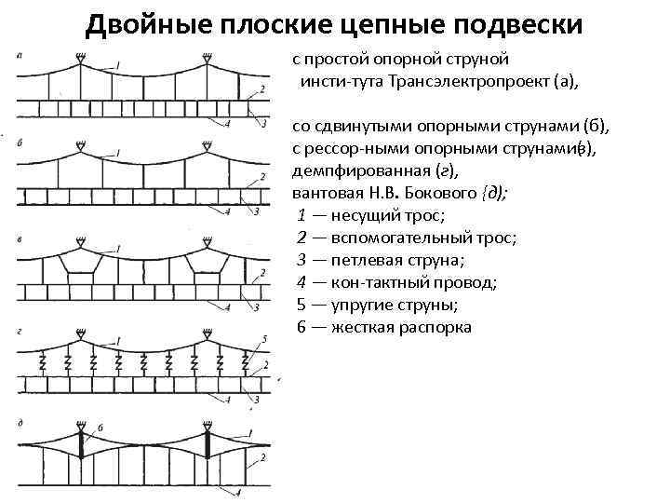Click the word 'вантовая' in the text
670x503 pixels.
pos(325,194)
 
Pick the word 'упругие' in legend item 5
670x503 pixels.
pos(357,305)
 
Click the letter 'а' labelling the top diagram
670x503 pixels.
pos(20,54)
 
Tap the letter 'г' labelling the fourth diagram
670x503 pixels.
pos(20,331)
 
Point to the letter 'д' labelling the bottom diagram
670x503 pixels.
pos(20,424)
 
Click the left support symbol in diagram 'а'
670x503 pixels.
pos(83,58)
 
